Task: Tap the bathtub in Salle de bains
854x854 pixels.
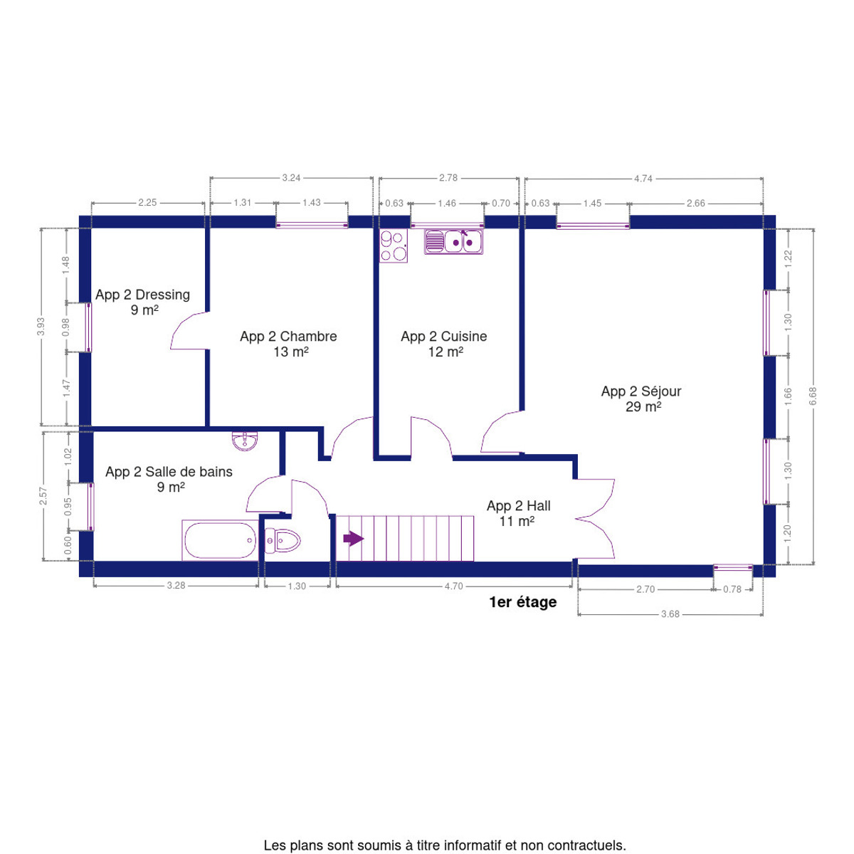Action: coord(220,539)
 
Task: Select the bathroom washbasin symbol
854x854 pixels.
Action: coord(244,441)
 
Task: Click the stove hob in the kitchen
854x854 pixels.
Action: coord(393,246)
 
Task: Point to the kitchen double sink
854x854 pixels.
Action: coord(453,242)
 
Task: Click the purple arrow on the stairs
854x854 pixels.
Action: coord(353,539)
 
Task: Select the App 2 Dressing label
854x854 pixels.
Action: coord(142,302)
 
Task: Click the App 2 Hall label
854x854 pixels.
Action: coord(518,513)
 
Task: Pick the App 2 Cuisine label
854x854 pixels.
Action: coord(443,344)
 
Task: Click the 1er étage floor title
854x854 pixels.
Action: coord(522,602)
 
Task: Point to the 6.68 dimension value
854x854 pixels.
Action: coord(812,396)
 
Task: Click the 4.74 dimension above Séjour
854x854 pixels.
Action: coord(643,178)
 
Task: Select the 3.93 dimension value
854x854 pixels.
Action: coord(41,327)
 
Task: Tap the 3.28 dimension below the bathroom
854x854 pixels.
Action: coord(176,586)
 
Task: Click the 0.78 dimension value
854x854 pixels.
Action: coord(732,589)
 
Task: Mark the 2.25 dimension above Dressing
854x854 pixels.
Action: coord(147,203)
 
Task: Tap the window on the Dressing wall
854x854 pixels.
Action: coord(89,328)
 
